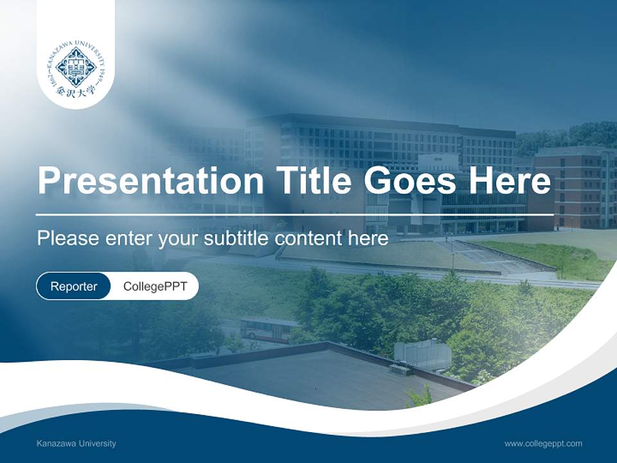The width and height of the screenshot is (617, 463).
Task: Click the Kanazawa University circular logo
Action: pos(76,67)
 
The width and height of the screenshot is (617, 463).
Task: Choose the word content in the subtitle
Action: pos(311,239)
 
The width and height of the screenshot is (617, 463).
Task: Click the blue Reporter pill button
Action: pos(74,286)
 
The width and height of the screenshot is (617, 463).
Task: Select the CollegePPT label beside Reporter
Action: pos(155,286)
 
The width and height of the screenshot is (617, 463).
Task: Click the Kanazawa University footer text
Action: pos(76,444)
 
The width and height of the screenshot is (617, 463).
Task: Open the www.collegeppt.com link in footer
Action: pos(543,444)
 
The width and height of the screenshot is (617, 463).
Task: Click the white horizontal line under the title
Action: pos(294,214)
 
